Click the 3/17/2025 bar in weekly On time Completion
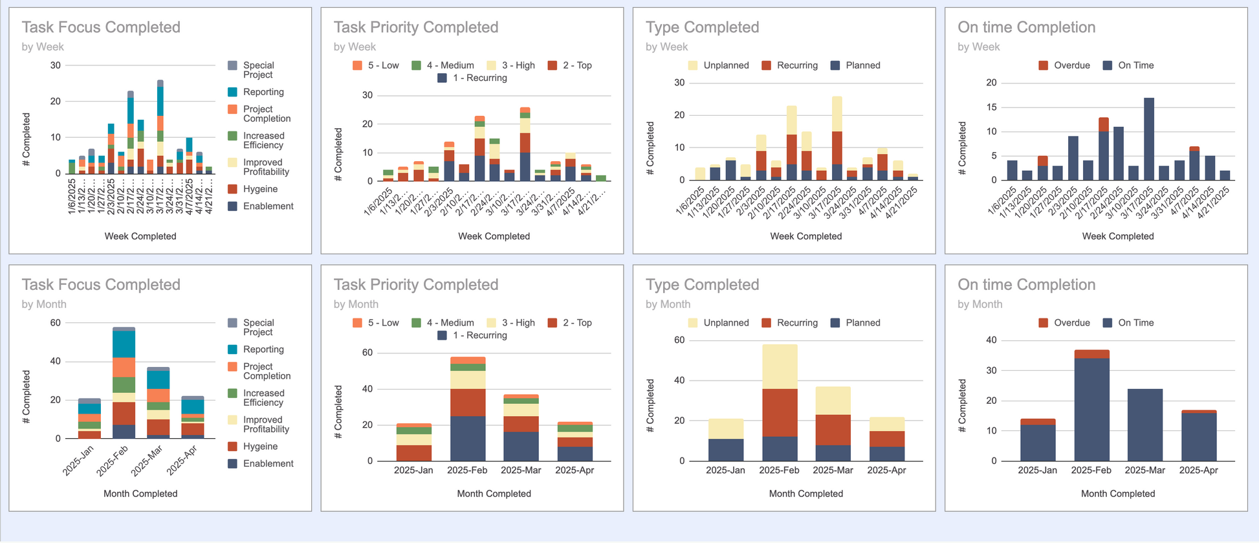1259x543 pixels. [1149, 139]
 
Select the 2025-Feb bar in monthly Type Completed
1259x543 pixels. [779, 403]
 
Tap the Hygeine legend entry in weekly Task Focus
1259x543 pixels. [259, 189]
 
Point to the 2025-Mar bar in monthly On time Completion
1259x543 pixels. [1144, 425]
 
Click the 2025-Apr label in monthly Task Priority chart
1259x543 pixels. [575, 470]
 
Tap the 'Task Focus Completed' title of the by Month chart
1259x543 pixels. [101, 285]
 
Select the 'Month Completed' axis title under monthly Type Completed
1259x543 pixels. [805, 494]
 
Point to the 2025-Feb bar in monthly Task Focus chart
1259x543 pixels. [124, 383]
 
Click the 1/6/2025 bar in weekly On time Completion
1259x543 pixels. [1012, 170]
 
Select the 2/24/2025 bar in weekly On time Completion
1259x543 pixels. [1118, 153]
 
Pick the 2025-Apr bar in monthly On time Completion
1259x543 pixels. [1198, 436]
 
